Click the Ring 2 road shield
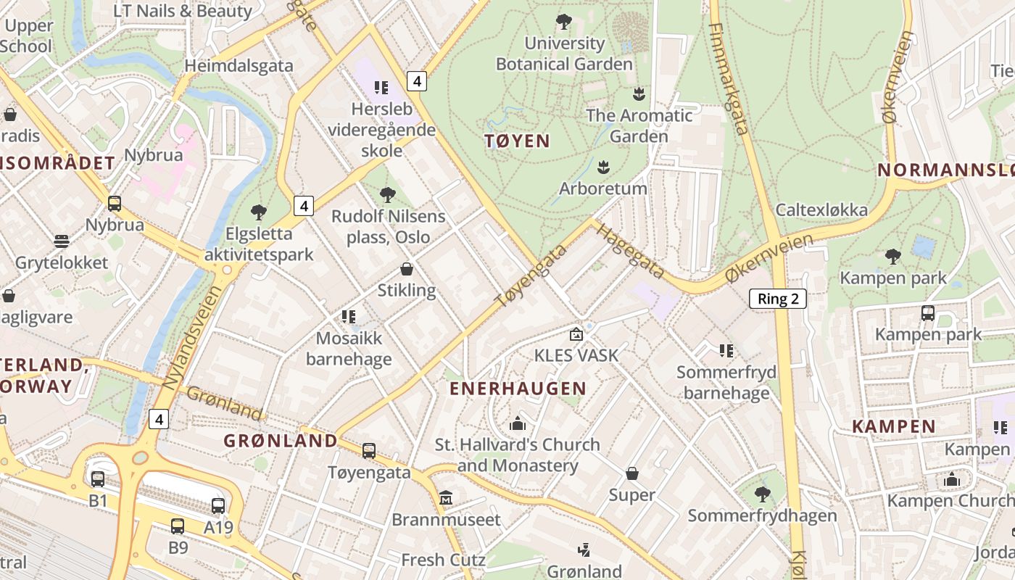pos(778,299)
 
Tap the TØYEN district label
pos(518,141)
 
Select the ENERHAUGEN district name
pos(518,389)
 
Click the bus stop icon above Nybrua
pos(114,204)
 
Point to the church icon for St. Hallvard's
pos(518,423)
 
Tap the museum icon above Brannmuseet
pos(445,499)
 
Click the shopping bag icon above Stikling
pos(407,269)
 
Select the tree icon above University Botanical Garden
pos(563,22)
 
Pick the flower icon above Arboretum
pos(603,167)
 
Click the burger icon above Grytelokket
pos(62,241)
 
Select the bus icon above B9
pos(178,526)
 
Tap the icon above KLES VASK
pos(576,334)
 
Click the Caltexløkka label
pos(821,210)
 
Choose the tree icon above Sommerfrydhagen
pos(762,494)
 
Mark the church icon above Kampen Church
pos(952,479)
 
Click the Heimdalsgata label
pos(239,65)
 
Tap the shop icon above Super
pos(632,474)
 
